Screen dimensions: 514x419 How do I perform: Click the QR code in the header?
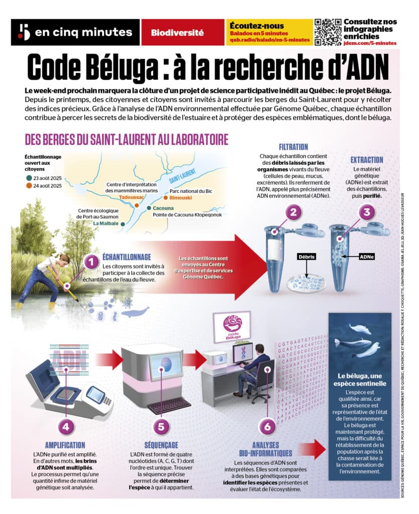[x=328, y=32]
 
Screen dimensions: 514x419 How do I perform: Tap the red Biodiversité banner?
[x=177, y=33]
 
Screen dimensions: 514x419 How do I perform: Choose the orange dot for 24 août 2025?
[x=30, y=185]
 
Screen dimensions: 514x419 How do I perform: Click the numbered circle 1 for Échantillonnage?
[x=91, y=262]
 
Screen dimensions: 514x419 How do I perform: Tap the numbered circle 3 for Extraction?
[x=367, y=212]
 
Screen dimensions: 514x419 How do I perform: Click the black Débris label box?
[x=306, y=256]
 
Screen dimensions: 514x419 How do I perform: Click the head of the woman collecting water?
[x=64, y=259]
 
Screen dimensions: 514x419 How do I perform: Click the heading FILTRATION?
[x=293, y=147]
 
